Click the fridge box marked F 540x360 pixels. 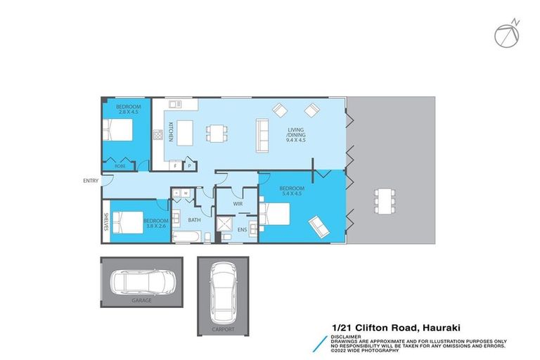coord(177,166)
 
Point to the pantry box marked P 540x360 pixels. coord(190,166)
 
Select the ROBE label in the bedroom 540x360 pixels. coord(120,166)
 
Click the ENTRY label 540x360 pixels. coord(91,181)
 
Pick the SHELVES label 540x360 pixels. coord(105,221)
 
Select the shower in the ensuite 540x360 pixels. coord(226,225)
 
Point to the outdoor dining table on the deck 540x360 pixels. coord(385,200)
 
